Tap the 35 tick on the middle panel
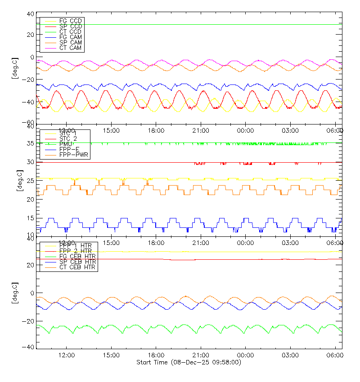click(x=30, y=144)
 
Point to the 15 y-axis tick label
click(x=30, y=218)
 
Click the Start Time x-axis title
click(x=189, y=362)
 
